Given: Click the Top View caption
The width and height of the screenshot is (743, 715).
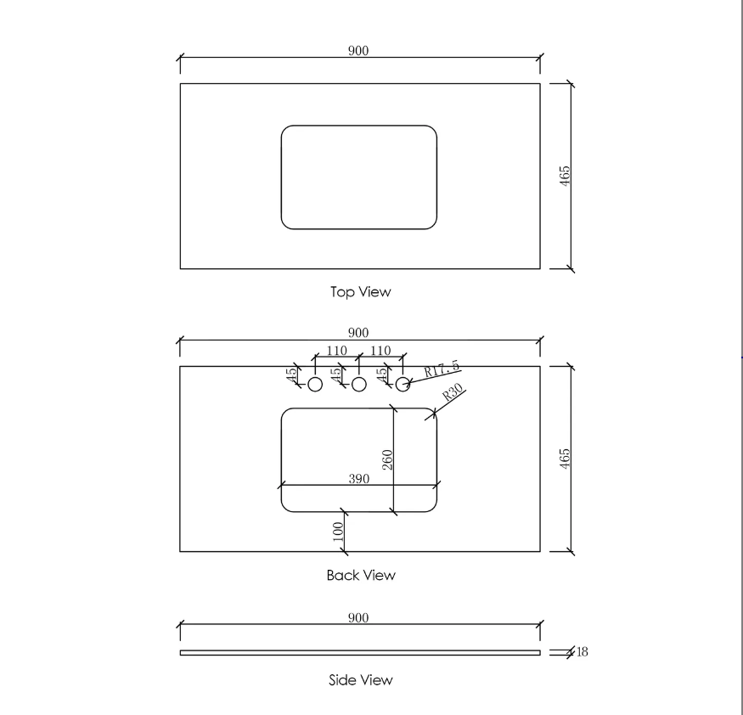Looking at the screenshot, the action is (x=361, y=292).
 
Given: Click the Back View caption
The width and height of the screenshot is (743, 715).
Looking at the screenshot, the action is (x=361, y=575).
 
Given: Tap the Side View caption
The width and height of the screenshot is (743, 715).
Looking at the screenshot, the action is (x=361, y=680).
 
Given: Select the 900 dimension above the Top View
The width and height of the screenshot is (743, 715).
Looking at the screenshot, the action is (x=358, y=51).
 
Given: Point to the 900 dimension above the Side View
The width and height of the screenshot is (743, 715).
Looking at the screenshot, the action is (x=358, y=618).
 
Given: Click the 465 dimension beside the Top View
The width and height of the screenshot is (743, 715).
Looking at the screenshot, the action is (x=565, y=176).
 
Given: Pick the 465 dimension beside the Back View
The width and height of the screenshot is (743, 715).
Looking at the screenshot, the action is (x=565, y=459).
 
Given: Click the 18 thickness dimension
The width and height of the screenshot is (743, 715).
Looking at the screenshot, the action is (x=583, y=652).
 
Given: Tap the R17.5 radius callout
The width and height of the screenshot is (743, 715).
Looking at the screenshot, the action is (x=442, y=369).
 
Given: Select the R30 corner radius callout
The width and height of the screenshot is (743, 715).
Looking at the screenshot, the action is (x=452, y=392).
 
